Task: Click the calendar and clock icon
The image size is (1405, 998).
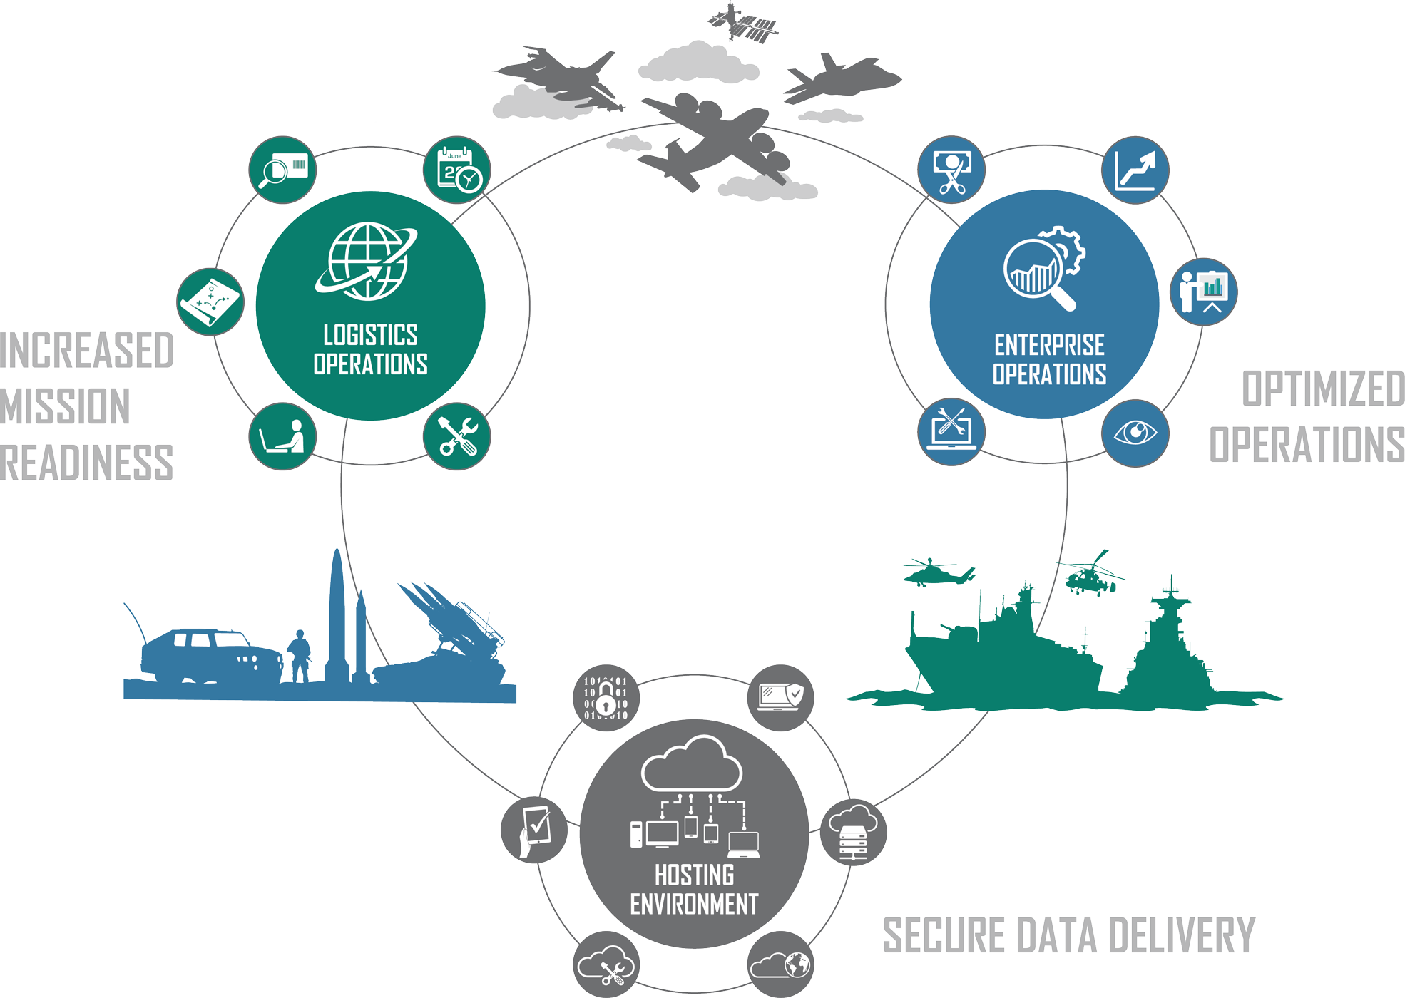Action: coord(457,170)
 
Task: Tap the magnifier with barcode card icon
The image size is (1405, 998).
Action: coord(282,170)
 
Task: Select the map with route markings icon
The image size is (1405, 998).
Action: coord(210,302)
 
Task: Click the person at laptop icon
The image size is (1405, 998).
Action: coord(282,436)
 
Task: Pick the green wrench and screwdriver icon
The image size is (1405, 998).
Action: coord(457,436)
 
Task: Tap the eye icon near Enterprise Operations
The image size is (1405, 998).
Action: coord(1135,433)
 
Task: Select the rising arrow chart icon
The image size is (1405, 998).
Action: coord(1135,170)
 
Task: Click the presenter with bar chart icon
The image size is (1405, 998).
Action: coord(1203,292)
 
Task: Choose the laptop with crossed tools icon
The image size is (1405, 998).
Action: coord(951,431)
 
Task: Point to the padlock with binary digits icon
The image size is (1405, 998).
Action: coord(606,697)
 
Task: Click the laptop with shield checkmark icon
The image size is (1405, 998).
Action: coord(781,697)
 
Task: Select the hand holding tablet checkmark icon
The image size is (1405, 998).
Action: coord(534,830)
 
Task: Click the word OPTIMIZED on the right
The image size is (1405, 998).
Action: coord(1323,389)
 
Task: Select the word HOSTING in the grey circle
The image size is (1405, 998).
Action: coord(694,875)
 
